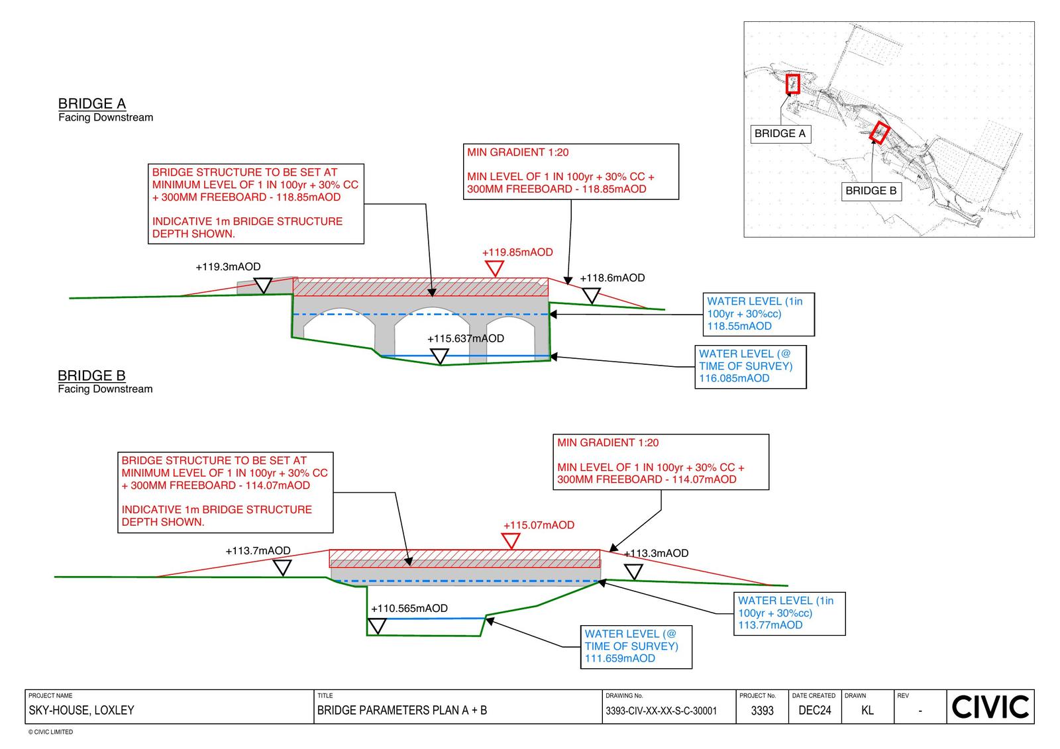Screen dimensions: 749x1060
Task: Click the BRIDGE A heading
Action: click(92, 104)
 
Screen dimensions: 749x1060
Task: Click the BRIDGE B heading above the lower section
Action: click(91, 375)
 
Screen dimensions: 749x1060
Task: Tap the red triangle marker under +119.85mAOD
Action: click(494, 268)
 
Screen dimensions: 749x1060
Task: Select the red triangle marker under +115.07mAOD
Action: click(511, 540)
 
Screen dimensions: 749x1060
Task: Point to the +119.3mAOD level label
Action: click(228, 267)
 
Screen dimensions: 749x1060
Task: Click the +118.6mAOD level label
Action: click(612, 278)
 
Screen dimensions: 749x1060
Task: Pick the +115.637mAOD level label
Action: click(466, 338)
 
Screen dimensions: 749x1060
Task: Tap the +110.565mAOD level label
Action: click(409, 608)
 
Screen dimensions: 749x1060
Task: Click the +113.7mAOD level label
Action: click(258, 550)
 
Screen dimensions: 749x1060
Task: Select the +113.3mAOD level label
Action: click(657, 553)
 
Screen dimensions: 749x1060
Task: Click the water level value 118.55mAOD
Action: click(739, 326)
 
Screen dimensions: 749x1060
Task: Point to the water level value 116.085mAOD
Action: click(734, 378)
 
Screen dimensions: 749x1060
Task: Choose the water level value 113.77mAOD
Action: click(770, 624)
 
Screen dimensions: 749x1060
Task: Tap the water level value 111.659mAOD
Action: click(619, 658)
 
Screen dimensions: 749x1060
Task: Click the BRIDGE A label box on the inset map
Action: click(780, 134)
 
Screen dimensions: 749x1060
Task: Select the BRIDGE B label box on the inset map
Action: click(871, 191)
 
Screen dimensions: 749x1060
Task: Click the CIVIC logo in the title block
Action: click(990, 707)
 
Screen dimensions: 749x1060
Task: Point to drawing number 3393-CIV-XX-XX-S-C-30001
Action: click(661, 711)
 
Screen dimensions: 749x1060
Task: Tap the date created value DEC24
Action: click(814, 711)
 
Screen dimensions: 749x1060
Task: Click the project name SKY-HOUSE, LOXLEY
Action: click(81, 711)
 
